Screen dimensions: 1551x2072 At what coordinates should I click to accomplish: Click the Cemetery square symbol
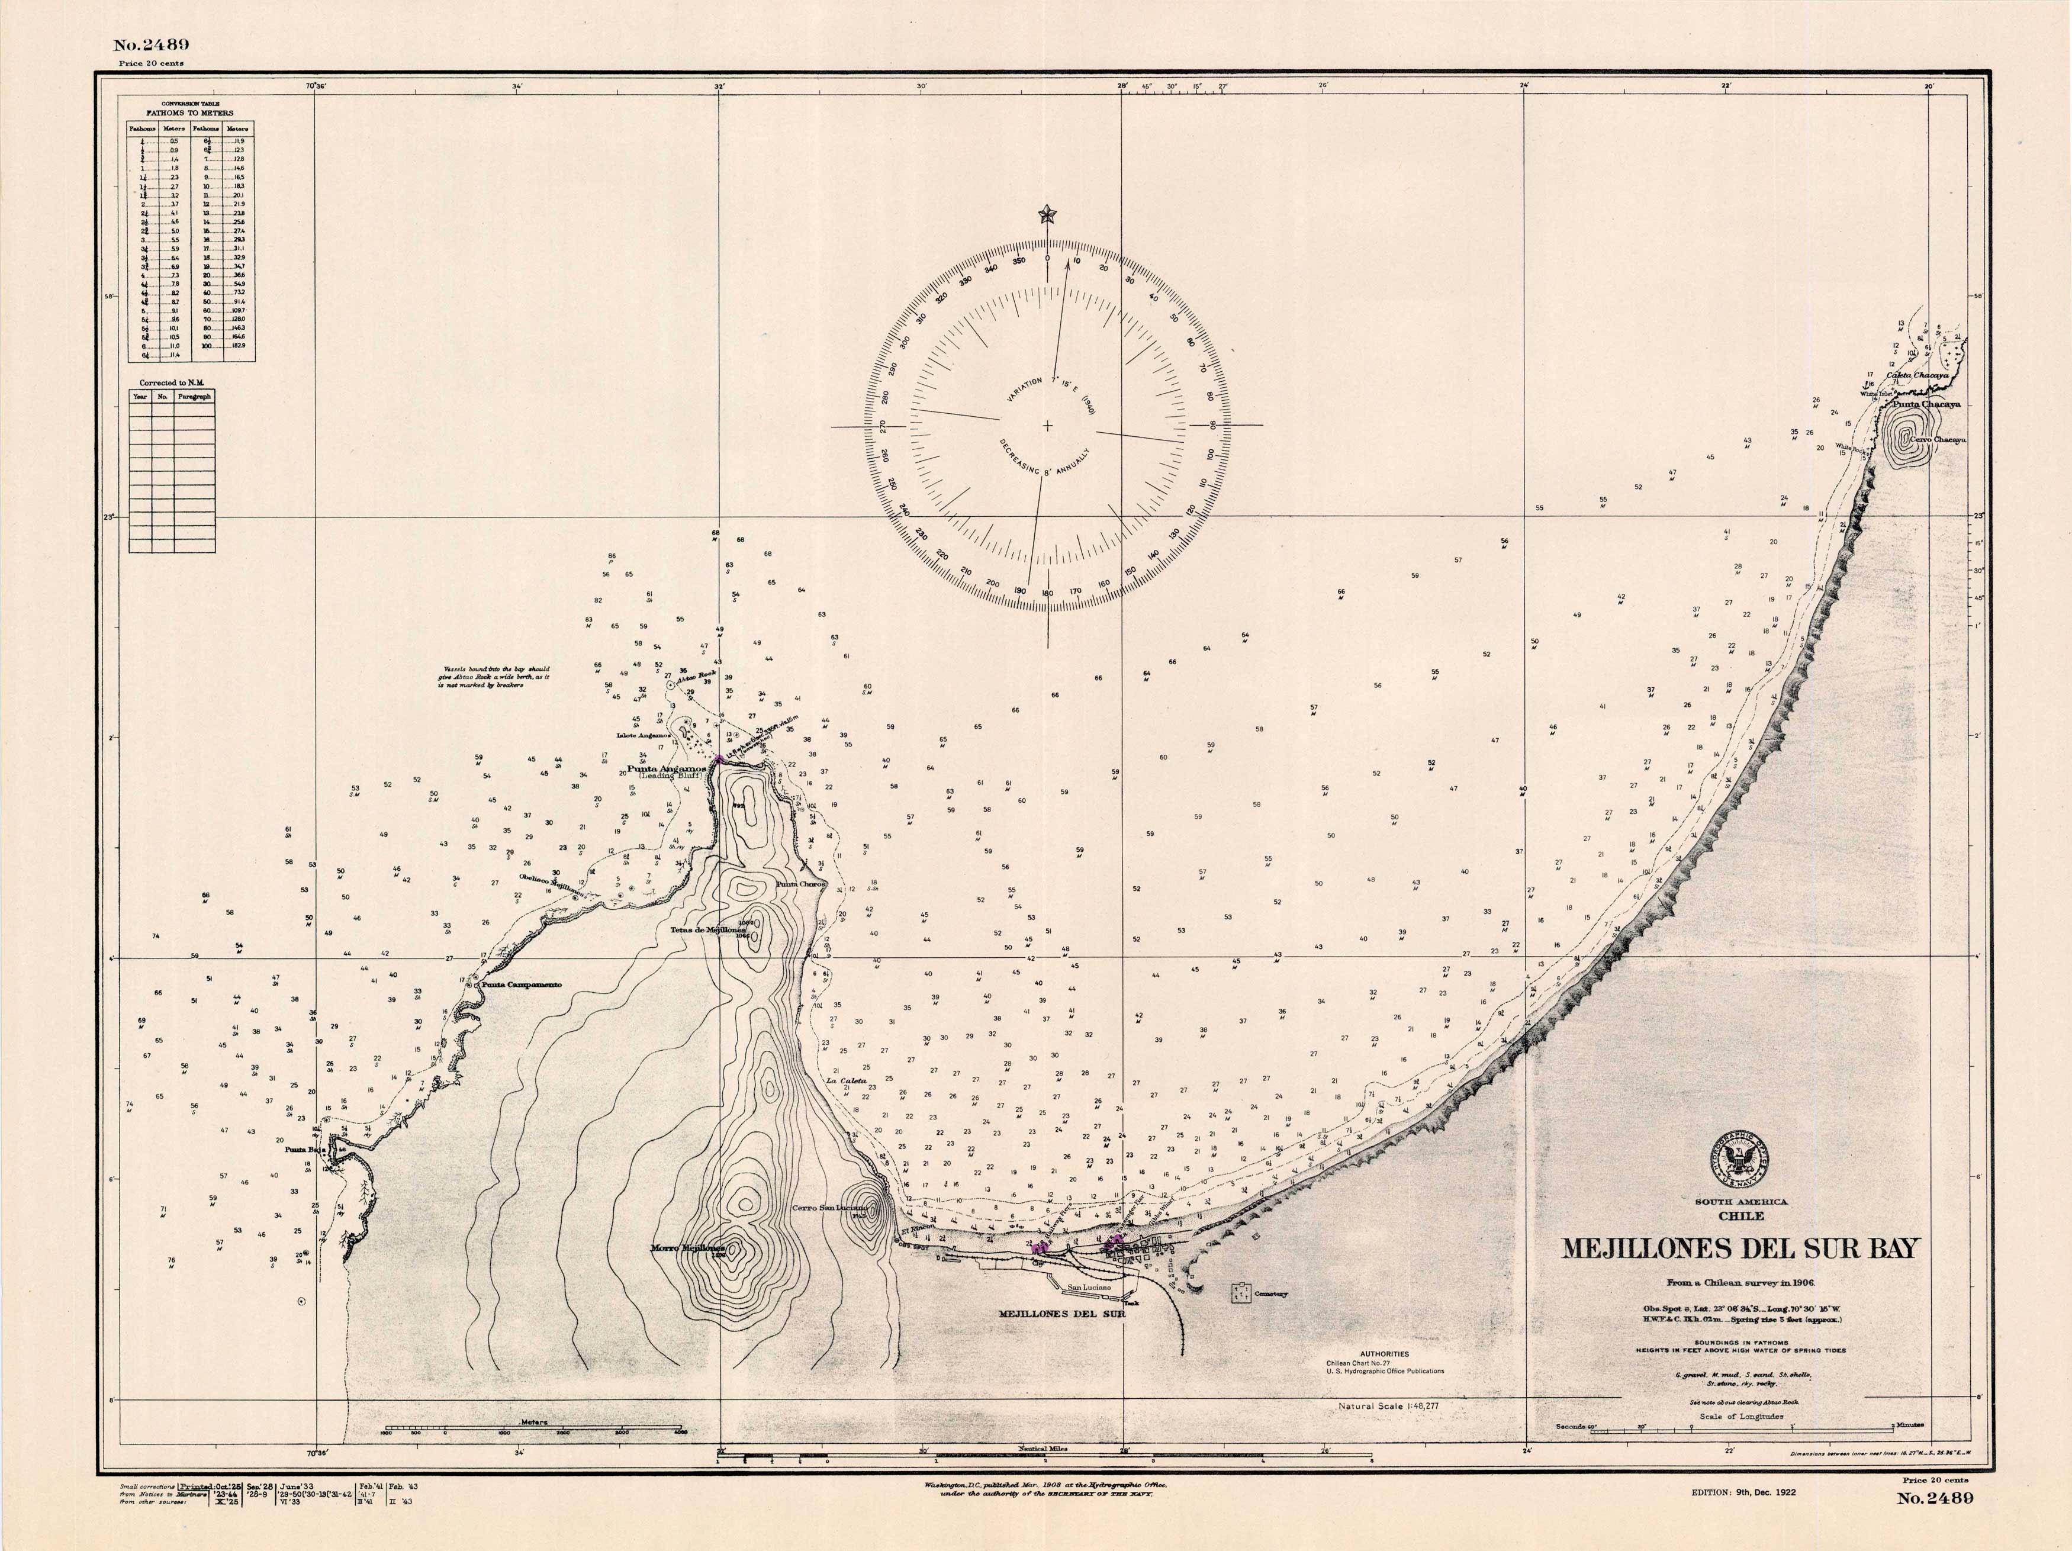coord(1242,1293)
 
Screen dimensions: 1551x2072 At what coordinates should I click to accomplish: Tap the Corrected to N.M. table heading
coord(172,383)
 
